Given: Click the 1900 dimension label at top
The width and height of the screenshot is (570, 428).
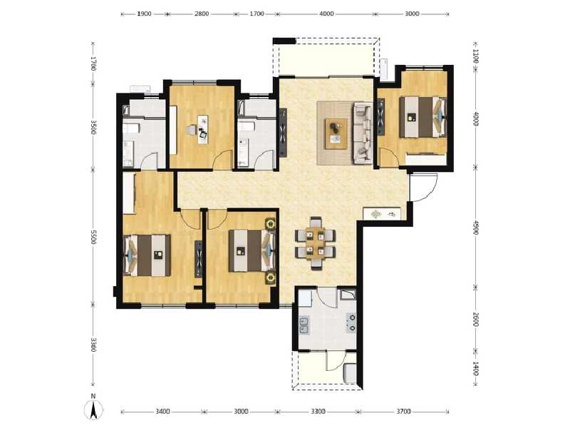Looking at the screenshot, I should (x=144, y=14).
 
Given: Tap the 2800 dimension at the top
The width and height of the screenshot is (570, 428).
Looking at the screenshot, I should (x=202, y=14).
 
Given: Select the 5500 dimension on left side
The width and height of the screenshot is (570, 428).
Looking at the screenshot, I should (x=93, y=236).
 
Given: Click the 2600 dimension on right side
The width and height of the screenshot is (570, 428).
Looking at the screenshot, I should (x=475, y=319).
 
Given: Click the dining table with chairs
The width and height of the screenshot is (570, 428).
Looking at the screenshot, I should (x=315, y=243).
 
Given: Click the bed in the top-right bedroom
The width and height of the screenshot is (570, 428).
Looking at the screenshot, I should (x=422, y=116).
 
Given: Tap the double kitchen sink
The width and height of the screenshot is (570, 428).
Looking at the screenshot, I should (x=304, y=326).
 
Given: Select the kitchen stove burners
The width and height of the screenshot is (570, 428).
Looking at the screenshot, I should (x=351, y=323).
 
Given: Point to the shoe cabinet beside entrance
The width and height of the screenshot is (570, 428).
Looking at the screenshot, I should (x=383, y=213).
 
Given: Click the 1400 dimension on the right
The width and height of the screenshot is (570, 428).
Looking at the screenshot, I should (x=475, y=369).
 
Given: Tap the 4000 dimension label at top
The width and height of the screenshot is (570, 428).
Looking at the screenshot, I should (x=326, y=14).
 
